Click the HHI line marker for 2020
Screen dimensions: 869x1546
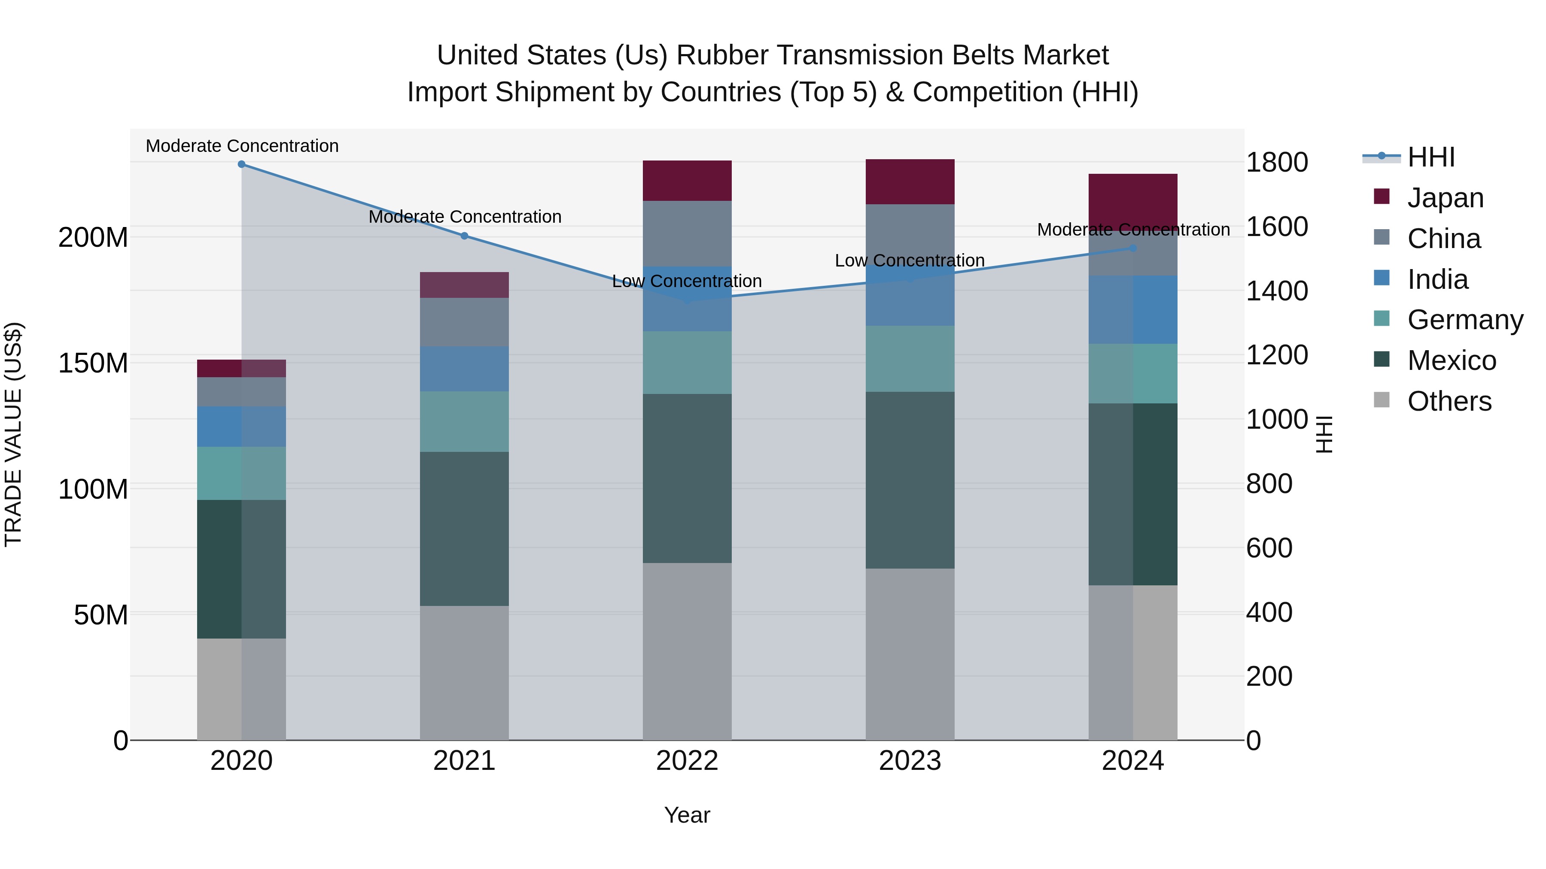[x=241, y=164]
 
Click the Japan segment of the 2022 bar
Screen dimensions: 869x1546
[x=687, y=181]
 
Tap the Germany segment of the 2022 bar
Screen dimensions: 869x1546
[x=687, y=362]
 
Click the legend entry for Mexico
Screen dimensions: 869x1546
[x=1451, y=360]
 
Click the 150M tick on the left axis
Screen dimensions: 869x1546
[x=93, y=363]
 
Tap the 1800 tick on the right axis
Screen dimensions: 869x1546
[x=1277, y=163]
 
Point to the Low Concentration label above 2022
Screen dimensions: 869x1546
[x=687, y=281]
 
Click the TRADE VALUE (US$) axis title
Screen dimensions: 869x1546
[x=13, y=434]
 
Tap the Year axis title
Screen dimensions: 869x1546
[x=687, y=815]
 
